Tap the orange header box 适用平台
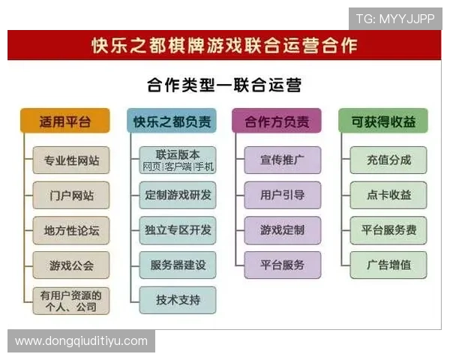(65, 121)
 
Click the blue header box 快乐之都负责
(172, 121)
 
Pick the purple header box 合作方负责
(277, 121)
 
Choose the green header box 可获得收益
(382, 121)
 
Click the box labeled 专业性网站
(70, 160)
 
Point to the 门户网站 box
(70, 195)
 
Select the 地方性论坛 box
(70, 230)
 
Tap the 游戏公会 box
(70, 265)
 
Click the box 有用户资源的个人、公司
(70, 300)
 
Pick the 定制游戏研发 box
(178, 195)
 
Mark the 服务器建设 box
(178, 265)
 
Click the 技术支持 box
(178, 300)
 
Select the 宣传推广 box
(282, 160)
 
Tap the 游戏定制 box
(282, 230)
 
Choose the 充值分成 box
(388, 160)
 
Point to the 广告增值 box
(388, 265)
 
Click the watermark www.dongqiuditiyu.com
(81, 341)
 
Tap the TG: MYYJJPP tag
(394, 19)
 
